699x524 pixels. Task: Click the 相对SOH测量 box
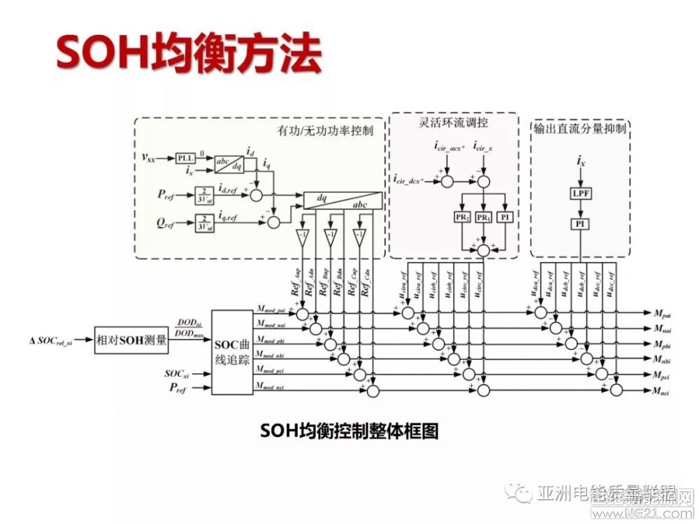point(132,340)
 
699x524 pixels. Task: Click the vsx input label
point(149,158)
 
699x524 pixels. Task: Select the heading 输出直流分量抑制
point(580,129)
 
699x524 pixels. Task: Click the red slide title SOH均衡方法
point(189,53)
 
